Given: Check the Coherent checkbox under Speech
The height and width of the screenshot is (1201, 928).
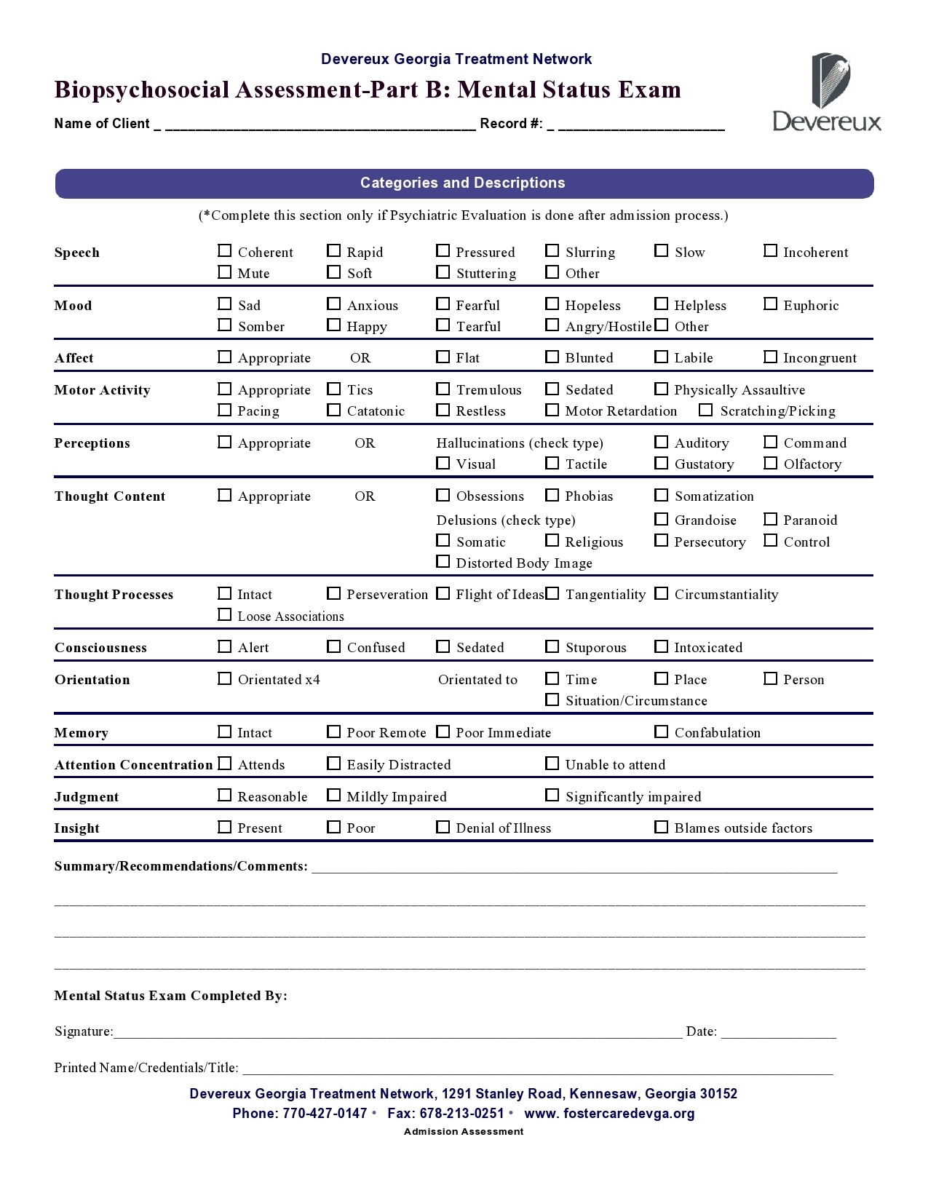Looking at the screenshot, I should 225,251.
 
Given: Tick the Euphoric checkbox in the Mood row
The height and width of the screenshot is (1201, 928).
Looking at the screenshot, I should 771,304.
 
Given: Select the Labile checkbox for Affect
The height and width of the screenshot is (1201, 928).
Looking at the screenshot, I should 662,357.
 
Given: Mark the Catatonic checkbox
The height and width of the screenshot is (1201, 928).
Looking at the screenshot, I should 334,410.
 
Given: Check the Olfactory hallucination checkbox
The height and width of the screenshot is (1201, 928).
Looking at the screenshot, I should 771,463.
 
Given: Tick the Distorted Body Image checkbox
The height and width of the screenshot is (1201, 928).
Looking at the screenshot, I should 443,562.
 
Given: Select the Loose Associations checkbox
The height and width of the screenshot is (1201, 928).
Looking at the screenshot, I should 225,615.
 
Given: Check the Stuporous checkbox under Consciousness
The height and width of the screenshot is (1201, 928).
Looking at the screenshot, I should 552,646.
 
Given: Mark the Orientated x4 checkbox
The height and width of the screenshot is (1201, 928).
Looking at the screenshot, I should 225,678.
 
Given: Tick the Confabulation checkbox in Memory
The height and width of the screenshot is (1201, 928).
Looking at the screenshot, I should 662,732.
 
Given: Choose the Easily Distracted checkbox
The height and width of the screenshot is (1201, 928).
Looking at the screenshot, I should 334,764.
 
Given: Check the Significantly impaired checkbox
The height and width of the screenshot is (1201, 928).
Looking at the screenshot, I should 552,796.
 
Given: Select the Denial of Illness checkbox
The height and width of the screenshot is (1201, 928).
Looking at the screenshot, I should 443,827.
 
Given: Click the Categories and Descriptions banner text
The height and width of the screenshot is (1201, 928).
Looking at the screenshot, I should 463,183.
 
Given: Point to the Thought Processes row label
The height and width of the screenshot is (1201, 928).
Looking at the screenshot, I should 114,595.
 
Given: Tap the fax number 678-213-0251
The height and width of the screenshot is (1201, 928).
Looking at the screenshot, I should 461,1114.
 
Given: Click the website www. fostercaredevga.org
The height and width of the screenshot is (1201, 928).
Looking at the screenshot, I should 609,1114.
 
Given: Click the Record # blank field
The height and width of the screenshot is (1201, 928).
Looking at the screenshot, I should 641,124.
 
